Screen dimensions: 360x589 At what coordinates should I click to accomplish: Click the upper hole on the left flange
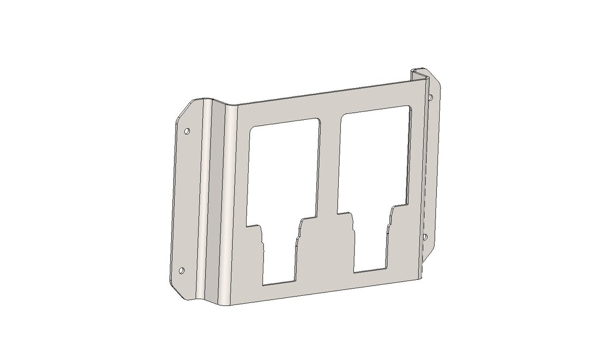pos(188,131)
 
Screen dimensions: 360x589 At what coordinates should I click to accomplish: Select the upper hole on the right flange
pos(431,97)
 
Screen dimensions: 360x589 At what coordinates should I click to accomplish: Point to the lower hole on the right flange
pos(425,236)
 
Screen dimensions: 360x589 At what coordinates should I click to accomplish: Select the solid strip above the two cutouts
pos(327,101)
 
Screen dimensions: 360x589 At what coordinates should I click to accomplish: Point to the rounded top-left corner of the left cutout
pos(251,130)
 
